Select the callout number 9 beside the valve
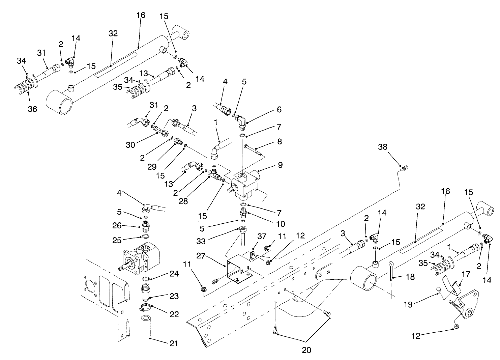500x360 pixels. point(280,165)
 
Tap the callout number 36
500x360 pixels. point(32,109)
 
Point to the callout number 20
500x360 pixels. point(306,350)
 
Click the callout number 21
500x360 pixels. point(174,343)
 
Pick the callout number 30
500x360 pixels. point(130,145)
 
